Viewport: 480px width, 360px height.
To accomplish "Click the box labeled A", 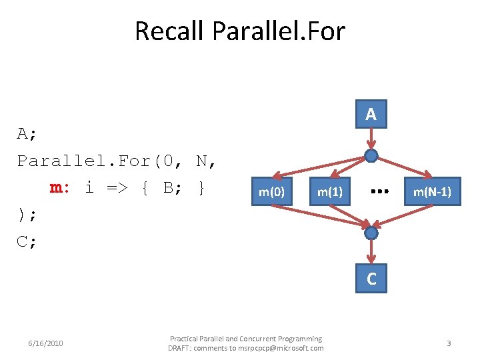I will coord(371,115).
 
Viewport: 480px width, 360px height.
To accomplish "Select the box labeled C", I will coord(371,279).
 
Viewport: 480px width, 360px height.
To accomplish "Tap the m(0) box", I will coord(272,192).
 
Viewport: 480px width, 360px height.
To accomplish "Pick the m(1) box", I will coord(329,192).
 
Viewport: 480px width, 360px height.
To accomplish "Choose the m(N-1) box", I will coord(432,192).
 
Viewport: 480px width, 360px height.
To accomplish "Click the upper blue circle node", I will coord(371,156).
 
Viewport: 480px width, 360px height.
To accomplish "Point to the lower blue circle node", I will coord(371,233).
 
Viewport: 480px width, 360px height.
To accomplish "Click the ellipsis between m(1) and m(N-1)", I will coord(379,191).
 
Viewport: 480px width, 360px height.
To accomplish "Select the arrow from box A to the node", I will coord(371,139).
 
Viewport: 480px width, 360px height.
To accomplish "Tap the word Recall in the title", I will coord(169,31).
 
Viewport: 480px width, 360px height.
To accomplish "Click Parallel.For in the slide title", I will coord(278,31).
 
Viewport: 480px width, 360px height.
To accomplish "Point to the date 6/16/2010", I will coord(46,343).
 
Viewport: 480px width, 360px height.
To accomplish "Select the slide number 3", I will coord(449,343).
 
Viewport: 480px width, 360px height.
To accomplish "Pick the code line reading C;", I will coord(27,241).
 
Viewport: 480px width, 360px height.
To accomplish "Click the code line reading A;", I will coord(27,133).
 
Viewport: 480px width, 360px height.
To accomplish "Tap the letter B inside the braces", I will coord(169,187).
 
